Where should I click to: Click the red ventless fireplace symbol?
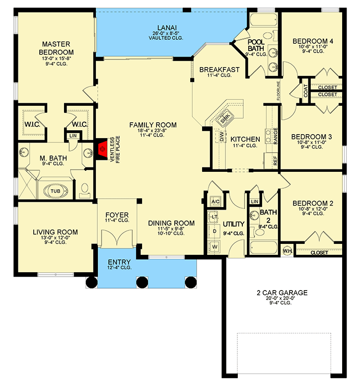[103, 149]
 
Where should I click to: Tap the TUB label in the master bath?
[55, 191]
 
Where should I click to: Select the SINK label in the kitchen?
[225, 118]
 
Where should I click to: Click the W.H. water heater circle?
[288, 251]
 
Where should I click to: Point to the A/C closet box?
[216, 202]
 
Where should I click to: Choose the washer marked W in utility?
[215, 246]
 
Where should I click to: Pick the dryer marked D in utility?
[215, 230]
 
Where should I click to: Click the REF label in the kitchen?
[275, 161]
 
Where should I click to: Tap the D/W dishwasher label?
[221, 137]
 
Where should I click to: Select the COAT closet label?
[306, 90]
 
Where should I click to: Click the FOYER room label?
[117, 215]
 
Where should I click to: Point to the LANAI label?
[167, 28]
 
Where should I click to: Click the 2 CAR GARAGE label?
[282, 293]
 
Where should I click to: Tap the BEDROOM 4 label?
[313, 41]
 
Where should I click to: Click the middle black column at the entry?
[142, 283]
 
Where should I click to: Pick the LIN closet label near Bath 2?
[255, 202]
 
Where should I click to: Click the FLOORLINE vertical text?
[279, 90]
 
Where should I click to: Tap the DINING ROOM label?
[171, 223]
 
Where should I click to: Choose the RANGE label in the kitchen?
[276, 136]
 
